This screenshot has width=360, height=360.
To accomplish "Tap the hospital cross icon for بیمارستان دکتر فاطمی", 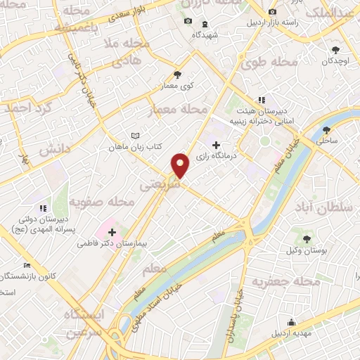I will click(112, 232).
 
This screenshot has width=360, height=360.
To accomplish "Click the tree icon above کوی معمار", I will click(177, 74).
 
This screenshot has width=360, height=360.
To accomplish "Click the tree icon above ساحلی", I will click(326, 130).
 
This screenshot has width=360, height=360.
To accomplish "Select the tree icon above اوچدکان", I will click(335, 50).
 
